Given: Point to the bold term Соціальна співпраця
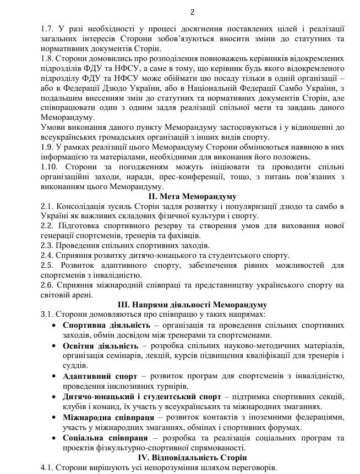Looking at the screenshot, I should pos(105,438).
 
